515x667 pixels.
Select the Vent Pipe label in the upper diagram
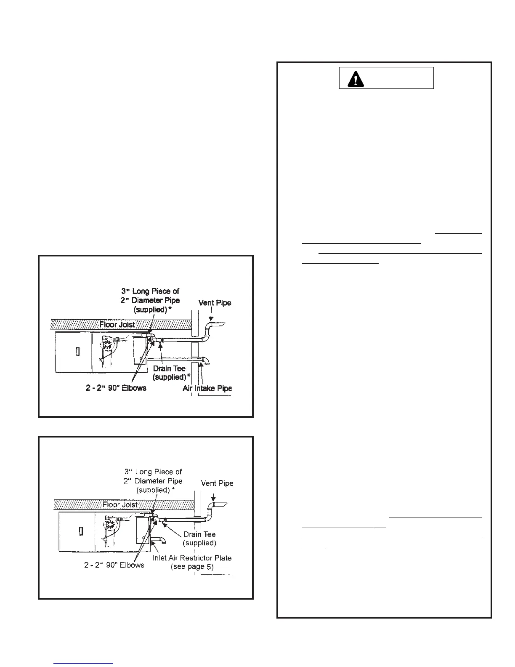(x=215, y=303)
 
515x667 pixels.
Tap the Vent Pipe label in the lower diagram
(x=217, y=483)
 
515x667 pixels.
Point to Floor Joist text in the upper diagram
(x=117, y=325)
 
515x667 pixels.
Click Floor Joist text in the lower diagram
(x=120, y=504)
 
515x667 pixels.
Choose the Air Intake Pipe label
(x=207, y=388)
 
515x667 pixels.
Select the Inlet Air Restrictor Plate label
(x=192, y=558)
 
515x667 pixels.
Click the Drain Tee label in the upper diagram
(x=169, y=368)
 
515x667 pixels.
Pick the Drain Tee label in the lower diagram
(x=199, y=534)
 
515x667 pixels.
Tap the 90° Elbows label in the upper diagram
(x=116, y=388)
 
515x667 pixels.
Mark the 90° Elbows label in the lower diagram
(x=114, y=565)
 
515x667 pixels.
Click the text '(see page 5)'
(x=192, y=567)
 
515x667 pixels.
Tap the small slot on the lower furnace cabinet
(x=80, y=531)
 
